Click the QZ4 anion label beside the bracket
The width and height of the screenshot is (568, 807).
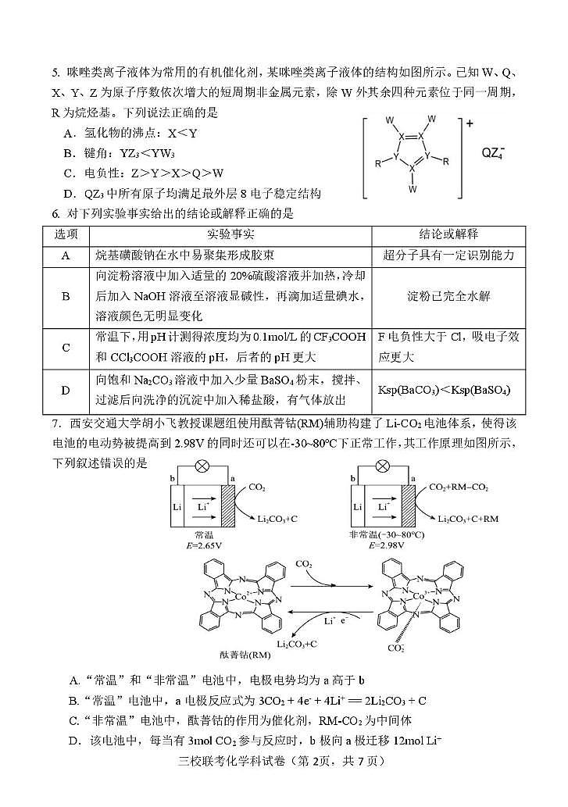point(493,154)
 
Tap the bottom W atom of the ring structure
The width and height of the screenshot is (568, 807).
point(412,189)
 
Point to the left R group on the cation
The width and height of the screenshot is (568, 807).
point(378,164)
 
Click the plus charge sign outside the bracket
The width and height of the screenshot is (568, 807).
point(470,123)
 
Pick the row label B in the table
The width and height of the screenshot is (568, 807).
point(66,296)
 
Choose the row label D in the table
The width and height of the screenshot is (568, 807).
point(66,389)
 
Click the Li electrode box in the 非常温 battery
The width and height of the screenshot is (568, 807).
point(358,507)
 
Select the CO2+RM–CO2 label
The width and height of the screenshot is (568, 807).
point(459,487)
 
